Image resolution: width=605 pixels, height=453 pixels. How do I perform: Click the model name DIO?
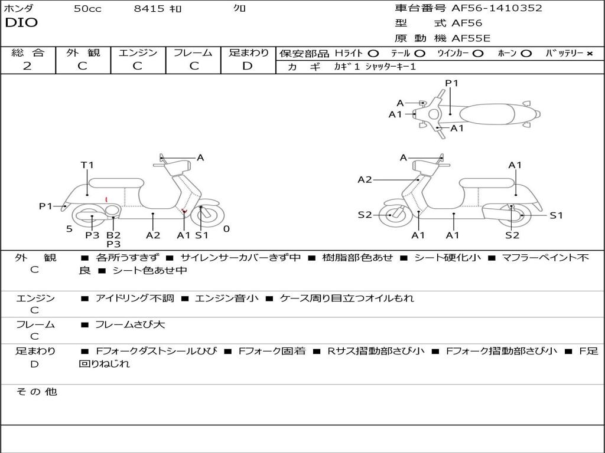[21, 23]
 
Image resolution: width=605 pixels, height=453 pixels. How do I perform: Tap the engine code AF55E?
[471, 38]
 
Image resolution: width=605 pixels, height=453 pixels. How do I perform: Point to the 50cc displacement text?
[87, 9]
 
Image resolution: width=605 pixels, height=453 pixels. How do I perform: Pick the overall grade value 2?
[27, 66]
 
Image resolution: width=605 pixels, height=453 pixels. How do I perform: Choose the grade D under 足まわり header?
[248, 66]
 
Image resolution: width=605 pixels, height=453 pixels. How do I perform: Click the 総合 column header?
[28, 52]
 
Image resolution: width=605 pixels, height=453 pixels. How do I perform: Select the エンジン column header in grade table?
[138, 52]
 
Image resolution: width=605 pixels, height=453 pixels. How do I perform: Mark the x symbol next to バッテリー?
[589, 54]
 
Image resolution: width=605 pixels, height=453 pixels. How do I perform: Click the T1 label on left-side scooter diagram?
[87, 165]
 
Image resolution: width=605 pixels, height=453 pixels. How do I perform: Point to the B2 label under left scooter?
[113, 235]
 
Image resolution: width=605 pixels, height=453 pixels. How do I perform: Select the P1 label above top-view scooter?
[452, 83]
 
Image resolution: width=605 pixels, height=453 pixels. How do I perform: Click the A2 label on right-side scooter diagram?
[365, 179]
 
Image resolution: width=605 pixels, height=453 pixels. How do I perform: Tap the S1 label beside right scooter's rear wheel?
[556, 215]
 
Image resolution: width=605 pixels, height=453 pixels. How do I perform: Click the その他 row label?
[36, 392]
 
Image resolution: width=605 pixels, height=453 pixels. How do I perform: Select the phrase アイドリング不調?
[135, 298]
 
